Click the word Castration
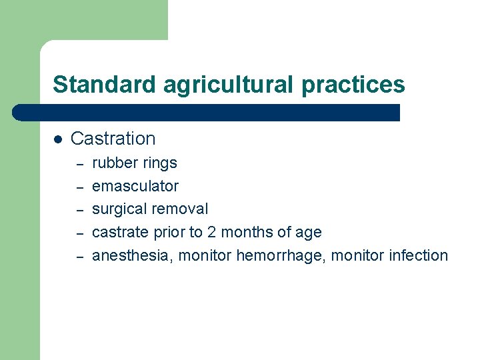113,139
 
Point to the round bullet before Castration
58,139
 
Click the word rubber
114,163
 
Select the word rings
159,163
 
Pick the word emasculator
135,186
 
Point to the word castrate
117,233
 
